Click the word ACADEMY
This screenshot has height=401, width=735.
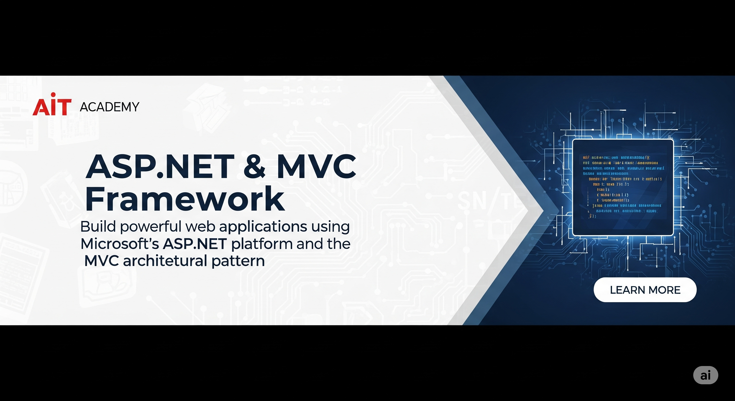110,107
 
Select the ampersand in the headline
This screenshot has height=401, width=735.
254,166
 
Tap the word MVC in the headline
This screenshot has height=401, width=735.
316,166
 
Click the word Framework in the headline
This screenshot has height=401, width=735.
185,199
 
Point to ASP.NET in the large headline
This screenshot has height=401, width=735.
160,166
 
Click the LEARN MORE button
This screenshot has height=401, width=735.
645,290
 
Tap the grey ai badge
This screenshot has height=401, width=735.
705,375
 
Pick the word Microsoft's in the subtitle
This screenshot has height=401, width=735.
120,244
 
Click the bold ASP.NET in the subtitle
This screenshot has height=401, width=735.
195,244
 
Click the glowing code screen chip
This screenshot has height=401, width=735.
623,187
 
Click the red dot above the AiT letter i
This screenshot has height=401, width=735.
53,95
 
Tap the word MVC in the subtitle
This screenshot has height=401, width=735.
102,261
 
